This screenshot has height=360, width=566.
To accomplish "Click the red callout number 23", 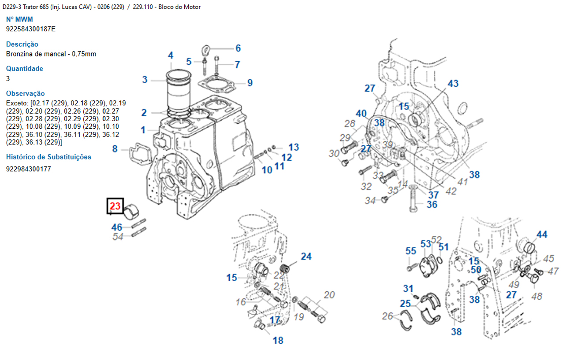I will click(x=115, y=206).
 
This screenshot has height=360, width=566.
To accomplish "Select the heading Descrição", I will click(x=22, y=44).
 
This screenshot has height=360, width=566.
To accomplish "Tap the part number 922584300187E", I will click(x=31, y=29).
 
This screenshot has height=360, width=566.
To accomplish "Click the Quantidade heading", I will click(x=25, y=69).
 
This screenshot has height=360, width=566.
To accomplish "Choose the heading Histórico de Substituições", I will click(x=49, y=157).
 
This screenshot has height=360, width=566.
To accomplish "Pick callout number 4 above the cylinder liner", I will click(x=171, y=56).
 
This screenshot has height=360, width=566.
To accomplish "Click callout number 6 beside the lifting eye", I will click(x=238, y=48).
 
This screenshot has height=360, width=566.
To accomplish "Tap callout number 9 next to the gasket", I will click(x=249, y=82).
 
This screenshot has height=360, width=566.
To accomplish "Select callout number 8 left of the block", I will click(x=115, y=149).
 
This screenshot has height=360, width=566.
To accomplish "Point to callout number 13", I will click(x=294, y=147).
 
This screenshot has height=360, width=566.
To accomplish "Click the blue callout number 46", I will click(x=116, y=227).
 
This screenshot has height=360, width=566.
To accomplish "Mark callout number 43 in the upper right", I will click(x=453, y=83).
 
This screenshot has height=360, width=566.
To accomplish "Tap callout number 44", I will click(x=542, y=234).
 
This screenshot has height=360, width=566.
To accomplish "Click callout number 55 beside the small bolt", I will click(x=411, y=251).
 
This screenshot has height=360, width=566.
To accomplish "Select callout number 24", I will click(x=306, y=256).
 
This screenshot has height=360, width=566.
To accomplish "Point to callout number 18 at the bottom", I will click(x=278, y=340).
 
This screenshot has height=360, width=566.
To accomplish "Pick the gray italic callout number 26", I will click(x=387, y=315).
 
